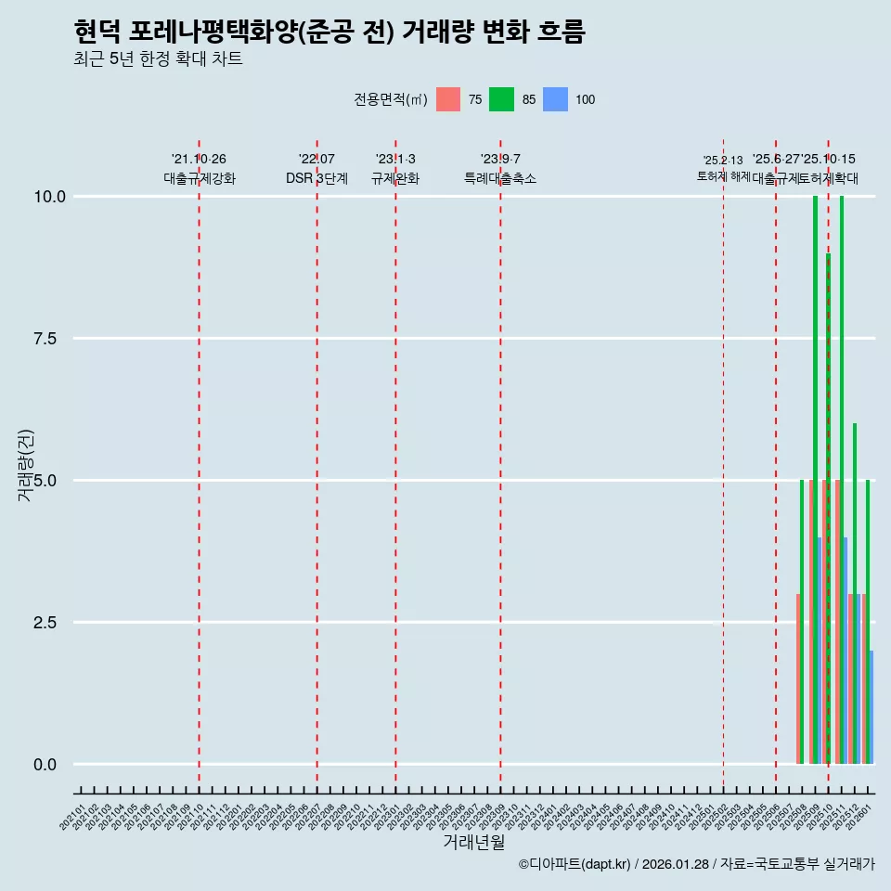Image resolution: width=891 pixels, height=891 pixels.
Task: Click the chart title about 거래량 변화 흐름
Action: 329,32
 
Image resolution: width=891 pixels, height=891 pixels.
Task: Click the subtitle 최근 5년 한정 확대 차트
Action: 158,60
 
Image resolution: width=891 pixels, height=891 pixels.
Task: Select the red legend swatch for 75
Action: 448,99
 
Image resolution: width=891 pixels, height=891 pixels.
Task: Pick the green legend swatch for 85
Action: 501,99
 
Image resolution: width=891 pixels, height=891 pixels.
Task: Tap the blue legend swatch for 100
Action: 555,99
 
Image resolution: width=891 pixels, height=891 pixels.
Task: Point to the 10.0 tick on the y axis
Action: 49,197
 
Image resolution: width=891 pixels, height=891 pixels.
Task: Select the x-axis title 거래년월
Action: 473,842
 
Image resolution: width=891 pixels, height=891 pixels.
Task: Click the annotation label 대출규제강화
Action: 200,178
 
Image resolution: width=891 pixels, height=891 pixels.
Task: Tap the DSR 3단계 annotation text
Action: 316,178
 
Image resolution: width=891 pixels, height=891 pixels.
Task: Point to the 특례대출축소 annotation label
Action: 500,178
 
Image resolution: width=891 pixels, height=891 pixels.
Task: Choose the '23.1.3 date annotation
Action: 395,160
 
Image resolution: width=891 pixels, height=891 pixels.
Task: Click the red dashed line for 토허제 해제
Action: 723,464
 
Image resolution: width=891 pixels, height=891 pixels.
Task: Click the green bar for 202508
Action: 802,622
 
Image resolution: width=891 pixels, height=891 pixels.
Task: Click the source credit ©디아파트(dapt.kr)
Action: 575,864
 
